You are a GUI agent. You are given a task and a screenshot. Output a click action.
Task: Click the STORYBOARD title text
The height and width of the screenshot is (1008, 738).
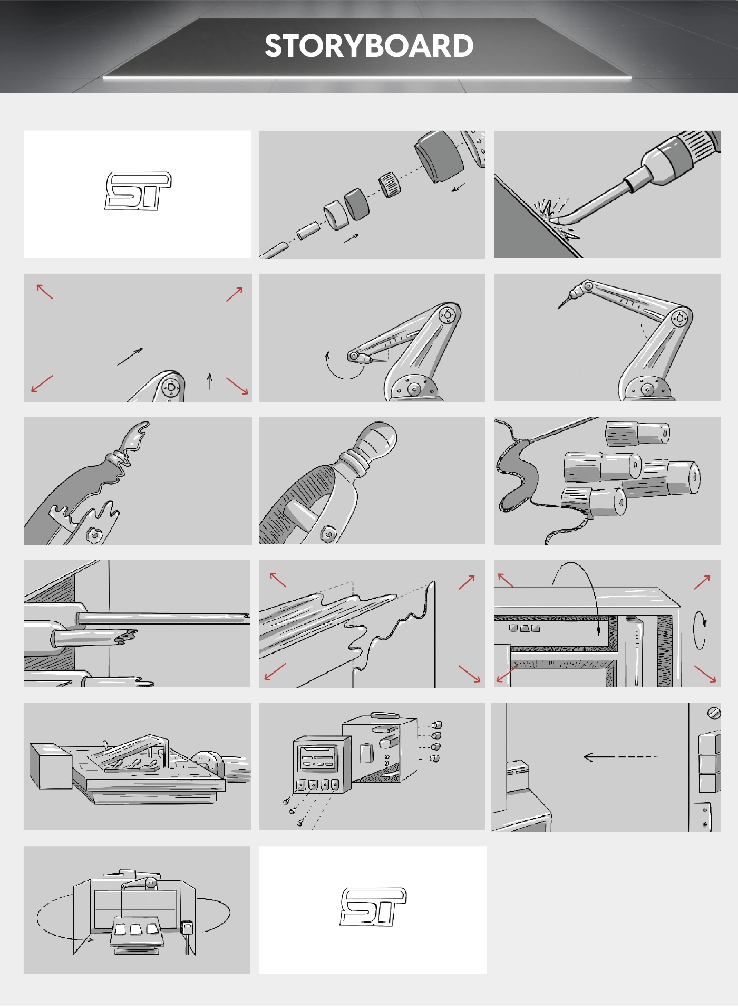point(369,46)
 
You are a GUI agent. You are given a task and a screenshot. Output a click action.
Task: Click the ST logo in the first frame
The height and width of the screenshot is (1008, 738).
point(138,191)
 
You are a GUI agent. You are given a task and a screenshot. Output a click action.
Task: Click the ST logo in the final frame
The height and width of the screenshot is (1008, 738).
point(373,907)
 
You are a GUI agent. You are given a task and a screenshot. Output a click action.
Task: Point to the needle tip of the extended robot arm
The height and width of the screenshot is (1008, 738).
point(559,307)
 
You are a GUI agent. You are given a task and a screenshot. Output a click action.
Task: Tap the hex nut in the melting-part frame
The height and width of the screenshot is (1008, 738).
point(95,535)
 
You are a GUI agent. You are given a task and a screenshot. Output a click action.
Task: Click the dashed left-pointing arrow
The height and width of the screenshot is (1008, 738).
point(620,757)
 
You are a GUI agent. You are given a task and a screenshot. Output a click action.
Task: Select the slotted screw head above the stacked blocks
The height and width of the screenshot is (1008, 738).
point(714,713)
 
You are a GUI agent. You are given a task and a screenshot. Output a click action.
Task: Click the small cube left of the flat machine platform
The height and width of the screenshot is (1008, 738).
point(50,766)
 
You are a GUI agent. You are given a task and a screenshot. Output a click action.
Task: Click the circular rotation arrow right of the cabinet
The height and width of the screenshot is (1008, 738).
point(700,630)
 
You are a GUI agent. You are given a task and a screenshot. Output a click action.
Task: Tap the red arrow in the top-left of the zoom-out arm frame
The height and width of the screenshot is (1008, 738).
point(45,291)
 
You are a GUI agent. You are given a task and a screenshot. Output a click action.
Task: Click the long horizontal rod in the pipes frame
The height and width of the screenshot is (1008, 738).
point(163,618)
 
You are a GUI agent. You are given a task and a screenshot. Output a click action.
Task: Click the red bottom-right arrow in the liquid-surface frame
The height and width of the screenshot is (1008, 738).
point(469,674)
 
